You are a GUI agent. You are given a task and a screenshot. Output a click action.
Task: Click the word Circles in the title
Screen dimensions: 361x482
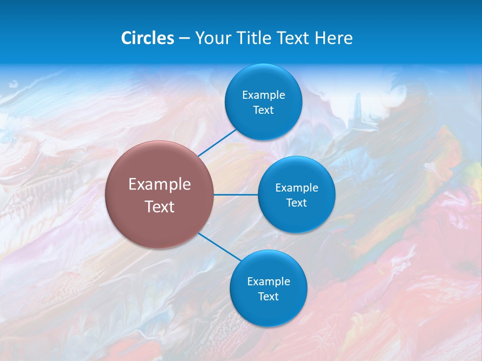(x=148, y=38)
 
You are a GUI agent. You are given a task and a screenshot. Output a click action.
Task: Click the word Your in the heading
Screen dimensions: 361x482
(x=211, y=38)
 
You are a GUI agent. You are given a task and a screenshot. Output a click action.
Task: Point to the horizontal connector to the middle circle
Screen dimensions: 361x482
(x=236, y=195)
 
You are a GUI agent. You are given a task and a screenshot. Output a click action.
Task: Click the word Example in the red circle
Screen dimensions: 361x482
(x=160, y=185)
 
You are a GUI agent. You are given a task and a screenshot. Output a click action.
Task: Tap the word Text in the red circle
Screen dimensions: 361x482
(x=160, y=207)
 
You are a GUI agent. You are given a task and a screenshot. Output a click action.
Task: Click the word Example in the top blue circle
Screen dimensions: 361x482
(x=264, y=95)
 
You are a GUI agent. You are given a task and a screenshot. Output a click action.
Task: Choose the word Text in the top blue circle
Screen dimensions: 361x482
(x=264, y=110)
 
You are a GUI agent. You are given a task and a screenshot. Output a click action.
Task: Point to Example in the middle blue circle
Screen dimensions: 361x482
(x=297, y=188)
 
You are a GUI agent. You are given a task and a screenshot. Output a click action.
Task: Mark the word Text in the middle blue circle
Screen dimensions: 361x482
(x=297, y=203)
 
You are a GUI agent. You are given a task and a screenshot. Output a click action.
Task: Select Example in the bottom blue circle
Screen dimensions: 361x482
(x=269, y=282)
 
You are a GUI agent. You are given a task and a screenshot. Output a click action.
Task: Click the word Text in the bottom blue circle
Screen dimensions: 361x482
(x=269, y=297)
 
